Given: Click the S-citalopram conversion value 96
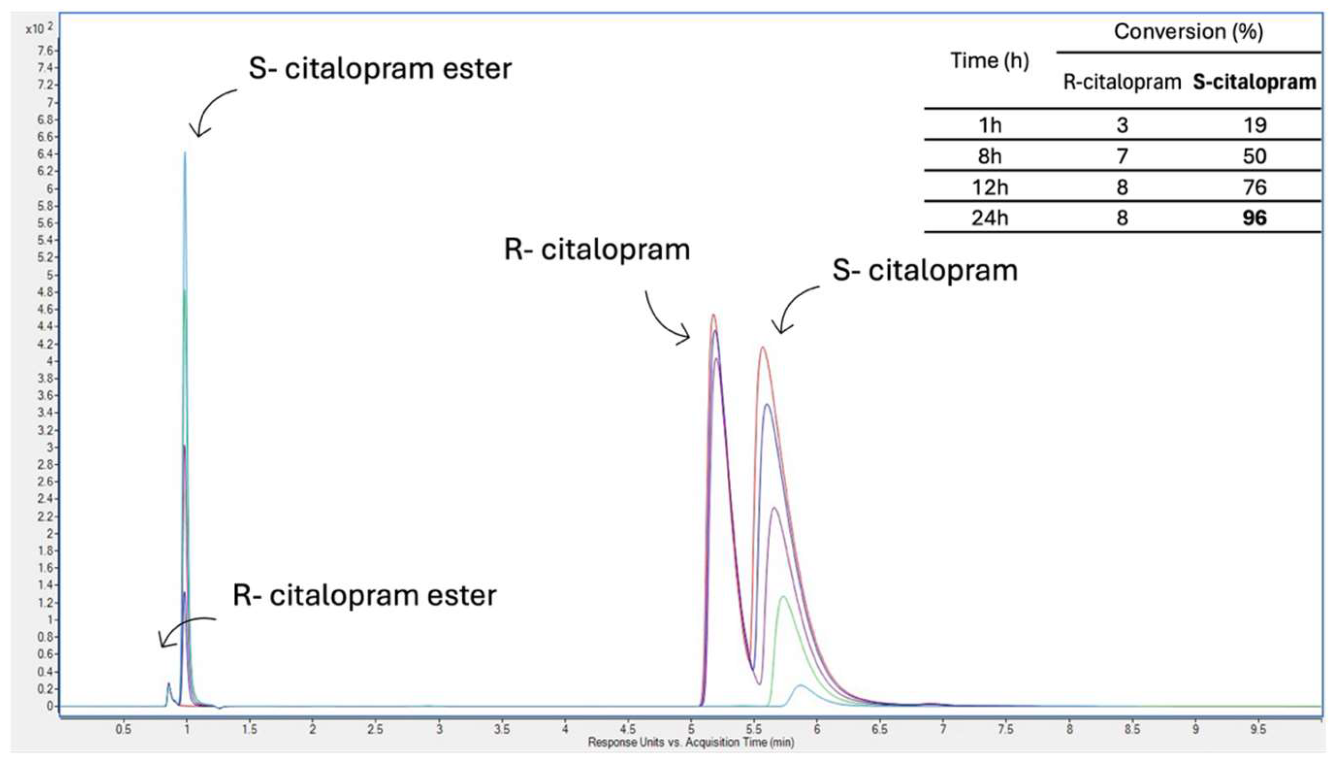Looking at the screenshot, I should [x=1254, y=218].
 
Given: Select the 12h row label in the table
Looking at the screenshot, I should [x=989, y=187].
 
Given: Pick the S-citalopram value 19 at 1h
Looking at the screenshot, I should [x=1254, y=125].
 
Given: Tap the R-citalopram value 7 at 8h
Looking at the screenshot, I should [x=1121, y=156].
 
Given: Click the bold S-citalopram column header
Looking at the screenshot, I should [x=1255, y=82].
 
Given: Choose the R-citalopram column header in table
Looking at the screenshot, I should [x=1121, y=82].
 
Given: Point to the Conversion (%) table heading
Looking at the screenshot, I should [x=1188, y=32].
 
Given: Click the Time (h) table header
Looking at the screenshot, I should [x=989, y=61].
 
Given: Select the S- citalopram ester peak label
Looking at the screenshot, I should [x=379, y=69].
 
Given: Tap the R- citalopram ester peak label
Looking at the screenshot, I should [x=364, y=595].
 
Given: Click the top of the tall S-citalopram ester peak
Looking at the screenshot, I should [x=185, y=153].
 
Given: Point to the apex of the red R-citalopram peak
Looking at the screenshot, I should [x=713, y=315].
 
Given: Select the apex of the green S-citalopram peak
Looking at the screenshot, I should [x=783, y=596].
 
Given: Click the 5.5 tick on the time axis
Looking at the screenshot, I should [x=754, y=729].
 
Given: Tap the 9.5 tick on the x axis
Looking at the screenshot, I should [x=1258, y=729].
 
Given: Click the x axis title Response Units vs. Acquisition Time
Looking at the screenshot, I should [x=691, y=742].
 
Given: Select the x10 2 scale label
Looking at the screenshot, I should [x=39, y=28].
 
